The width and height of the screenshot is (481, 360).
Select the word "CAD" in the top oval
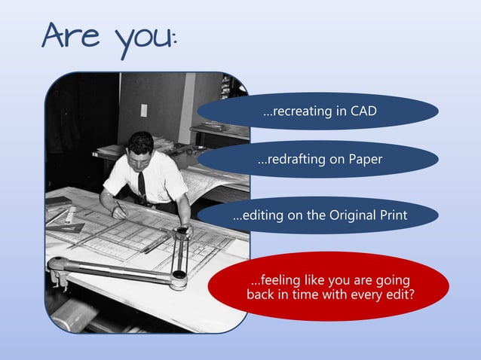(363, 111)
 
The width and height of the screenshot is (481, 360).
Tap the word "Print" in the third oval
(393, 215)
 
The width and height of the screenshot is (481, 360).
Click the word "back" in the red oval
(261, 294)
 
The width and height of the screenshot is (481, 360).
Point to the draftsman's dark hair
(139, 141)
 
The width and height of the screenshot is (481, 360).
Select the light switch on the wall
(144, 110)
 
